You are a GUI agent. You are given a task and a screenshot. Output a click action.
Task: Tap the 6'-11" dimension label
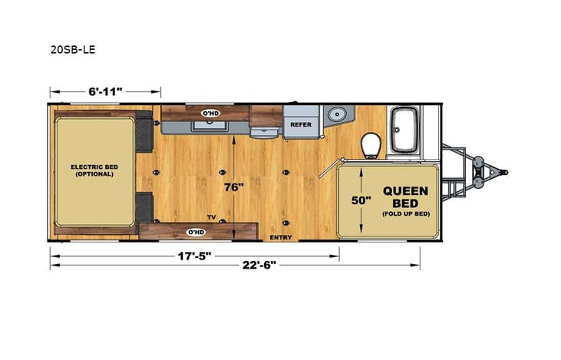(x=105, y=91)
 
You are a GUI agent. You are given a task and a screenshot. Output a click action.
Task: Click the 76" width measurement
(x=234, y=187)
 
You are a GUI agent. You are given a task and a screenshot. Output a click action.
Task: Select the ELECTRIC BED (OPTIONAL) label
(x=93, y=170)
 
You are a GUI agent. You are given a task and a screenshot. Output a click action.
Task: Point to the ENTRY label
(x=277, y=238)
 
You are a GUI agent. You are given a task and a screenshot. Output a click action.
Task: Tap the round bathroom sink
(x=336, y=116)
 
